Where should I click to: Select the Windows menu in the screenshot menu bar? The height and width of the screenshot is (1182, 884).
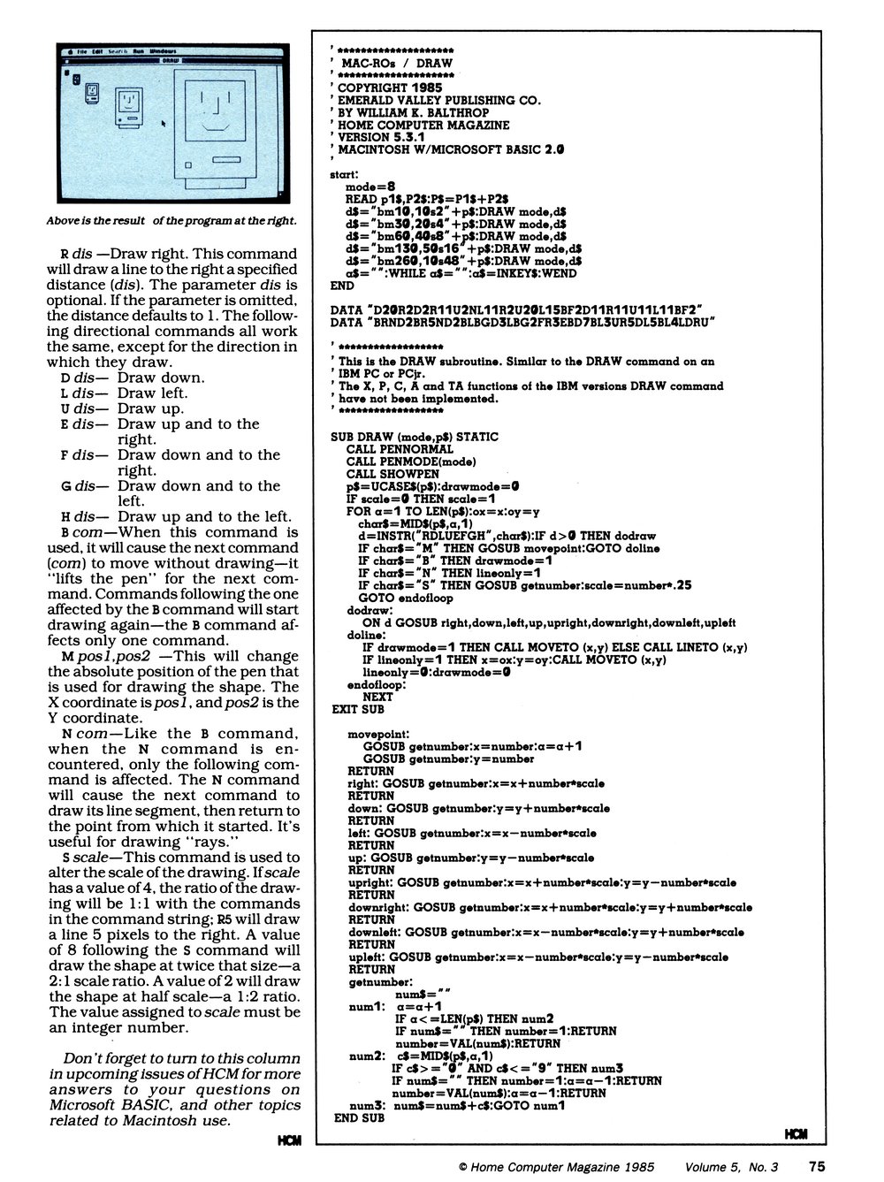pos(164,51)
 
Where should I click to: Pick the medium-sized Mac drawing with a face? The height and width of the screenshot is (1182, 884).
pos(129,103)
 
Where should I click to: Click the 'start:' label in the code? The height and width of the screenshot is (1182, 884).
pos(343,176)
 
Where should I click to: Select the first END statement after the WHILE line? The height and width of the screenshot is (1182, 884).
pos(340,286)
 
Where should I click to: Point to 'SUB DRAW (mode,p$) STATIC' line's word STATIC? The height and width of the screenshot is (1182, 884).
pos(478,436)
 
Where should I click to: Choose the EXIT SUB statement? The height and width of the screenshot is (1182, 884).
pos(358,709)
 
